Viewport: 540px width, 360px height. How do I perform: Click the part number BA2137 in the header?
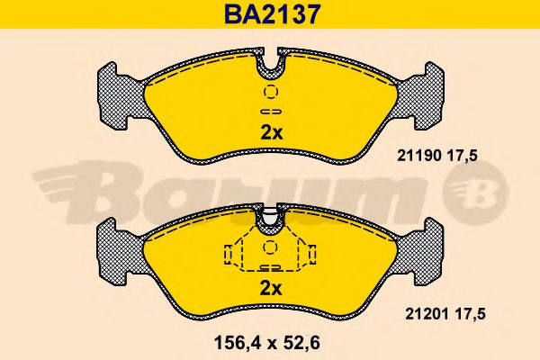click(x=273, y=14)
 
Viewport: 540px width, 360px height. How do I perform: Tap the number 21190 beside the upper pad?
click(x=418, y=156)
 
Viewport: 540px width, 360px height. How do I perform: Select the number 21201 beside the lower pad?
click(x=427, y=314)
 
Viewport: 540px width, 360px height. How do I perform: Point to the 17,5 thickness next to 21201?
click(x=470, y=314)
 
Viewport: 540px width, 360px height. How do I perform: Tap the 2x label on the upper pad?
click(x=272, y=133)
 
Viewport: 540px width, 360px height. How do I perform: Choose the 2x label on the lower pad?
click(x=271, y=288)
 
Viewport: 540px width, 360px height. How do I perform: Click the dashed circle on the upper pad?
click(x=271, y=92)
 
